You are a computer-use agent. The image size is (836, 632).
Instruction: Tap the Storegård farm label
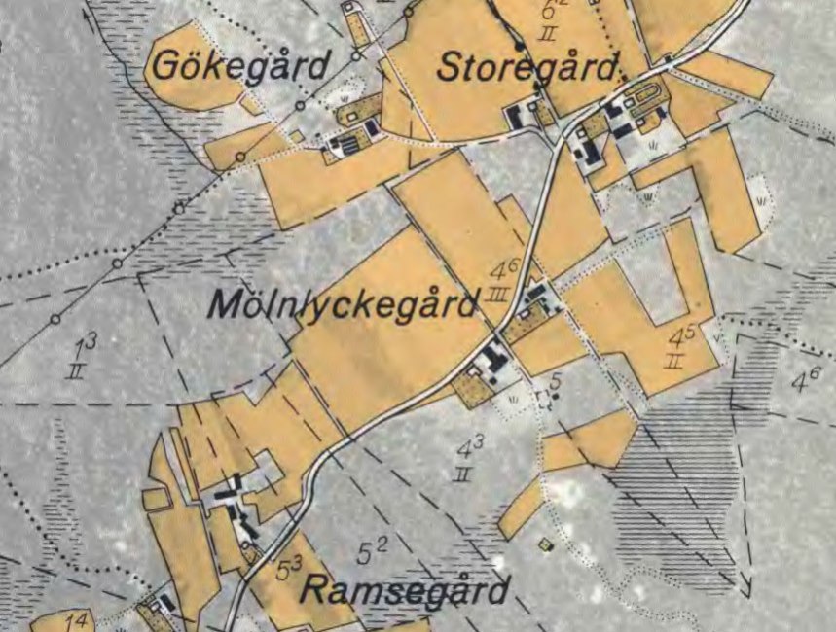pos(527,69)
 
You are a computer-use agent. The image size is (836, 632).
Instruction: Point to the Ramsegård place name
pos(404,590)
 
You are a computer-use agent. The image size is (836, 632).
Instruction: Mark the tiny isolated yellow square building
pos(546,544)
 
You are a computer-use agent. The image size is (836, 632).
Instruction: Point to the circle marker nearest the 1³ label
pos(55,319)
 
